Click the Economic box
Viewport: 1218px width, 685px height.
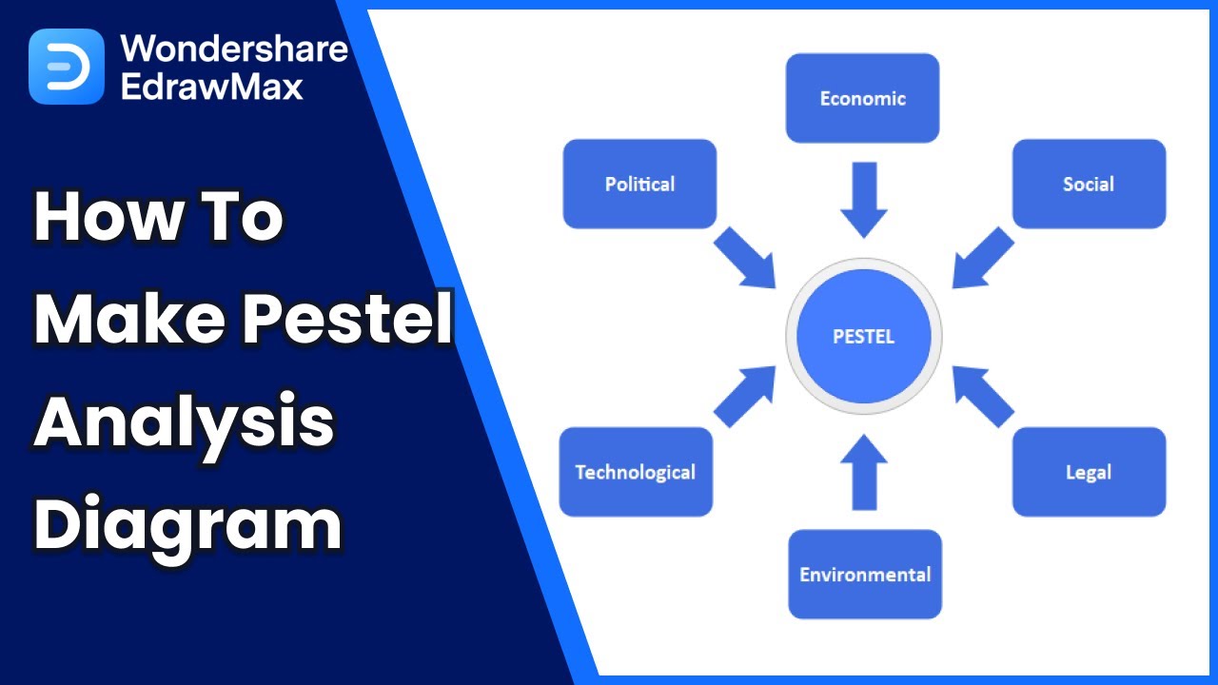coord(862,98)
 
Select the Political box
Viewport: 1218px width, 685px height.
coord(639,184)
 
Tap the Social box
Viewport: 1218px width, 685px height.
coord(1089,184)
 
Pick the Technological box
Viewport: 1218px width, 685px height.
coord(636,472)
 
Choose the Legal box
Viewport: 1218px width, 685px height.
coord(1089,472)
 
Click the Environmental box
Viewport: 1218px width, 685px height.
coord(865,574)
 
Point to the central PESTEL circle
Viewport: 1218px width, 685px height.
coord(864,336)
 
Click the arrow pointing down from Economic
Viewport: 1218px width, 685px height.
coord(864,198)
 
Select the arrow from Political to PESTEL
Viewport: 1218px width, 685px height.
coord(745,257)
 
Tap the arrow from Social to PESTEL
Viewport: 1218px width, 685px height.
coord(982,257)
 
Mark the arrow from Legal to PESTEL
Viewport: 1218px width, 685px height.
coord(982,395)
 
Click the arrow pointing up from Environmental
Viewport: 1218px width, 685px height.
coord(864,471)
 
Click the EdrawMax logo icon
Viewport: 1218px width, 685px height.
coord(67,67)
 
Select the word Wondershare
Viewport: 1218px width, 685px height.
coord(234,48)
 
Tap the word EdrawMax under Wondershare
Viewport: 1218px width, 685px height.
coord(212,87)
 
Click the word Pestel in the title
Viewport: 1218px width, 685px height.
coord(346,320)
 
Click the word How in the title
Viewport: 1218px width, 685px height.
coord(104,218)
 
